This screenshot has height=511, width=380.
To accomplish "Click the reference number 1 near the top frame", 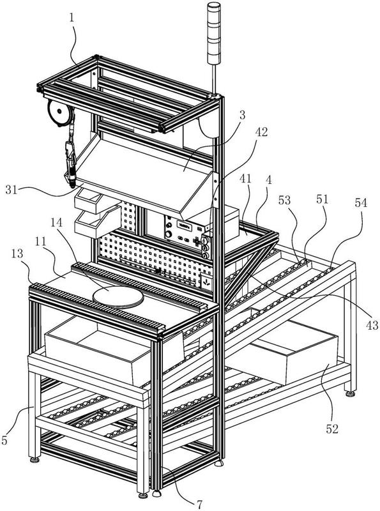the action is [x=72, y=18].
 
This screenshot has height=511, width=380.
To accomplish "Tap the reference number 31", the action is [x=11, y=189].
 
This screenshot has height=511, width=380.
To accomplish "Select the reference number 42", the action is [x=261, y=132].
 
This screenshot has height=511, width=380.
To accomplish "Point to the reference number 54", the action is [x=361, y=202].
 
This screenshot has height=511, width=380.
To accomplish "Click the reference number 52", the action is [x=333, y=429].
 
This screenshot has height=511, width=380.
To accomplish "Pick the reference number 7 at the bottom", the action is [x=199, y=504].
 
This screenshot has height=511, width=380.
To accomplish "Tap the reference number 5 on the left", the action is [x=4, y=440].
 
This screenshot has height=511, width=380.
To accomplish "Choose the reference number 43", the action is [x=372, y=325].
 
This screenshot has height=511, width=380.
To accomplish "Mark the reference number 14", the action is [x=57, y=223].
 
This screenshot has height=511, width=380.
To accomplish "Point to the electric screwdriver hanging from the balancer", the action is [x=71, y=163].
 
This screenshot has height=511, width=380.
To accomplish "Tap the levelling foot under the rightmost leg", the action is [x=351, y=393].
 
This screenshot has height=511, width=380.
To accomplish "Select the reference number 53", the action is [x=284, y=200].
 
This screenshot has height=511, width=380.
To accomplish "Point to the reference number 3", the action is [x=242, y=115].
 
